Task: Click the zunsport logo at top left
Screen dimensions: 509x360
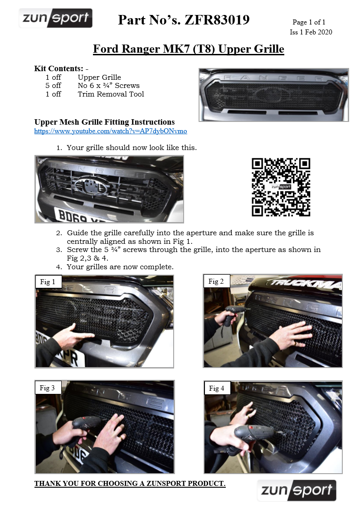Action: coord(56,19)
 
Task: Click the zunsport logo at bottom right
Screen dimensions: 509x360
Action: coord(297,491)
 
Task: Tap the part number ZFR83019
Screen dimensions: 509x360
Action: coord(217,20)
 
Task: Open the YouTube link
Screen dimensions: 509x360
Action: coord(111,131)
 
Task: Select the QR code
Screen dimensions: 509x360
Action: coord(281,187)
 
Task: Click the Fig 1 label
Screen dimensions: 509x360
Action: coord(48,282)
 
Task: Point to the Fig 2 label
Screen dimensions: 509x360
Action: coord(216,281)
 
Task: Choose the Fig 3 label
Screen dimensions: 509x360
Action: coord(47,388)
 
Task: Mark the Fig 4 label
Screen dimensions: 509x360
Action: coord(216,388)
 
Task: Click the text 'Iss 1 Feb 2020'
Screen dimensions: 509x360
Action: coord(311,32)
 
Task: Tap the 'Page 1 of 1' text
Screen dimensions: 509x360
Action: coord(309,22)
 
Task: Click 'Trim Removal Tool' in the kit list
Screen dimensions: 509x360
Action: coord(111,94)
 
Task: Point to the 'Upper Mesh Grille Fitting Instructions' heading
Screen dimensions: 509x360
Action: coord(104,122)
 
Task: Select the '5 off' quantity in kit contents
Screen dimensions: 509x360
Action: coord(53,86)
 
